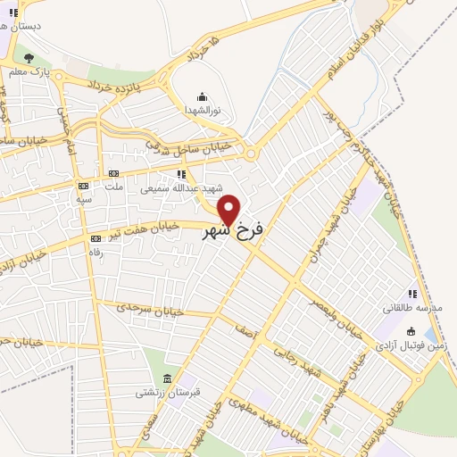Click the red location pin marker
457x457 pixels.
[x=229, y=210]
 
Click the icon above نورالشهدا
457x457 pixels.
[x=202, y=96]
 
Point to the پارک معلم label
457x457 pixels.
[x=29, y=71]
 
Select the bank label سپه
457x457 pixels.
[x=84, y=198]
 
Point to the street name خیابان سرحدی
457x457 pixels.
[x=150, y=310]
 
